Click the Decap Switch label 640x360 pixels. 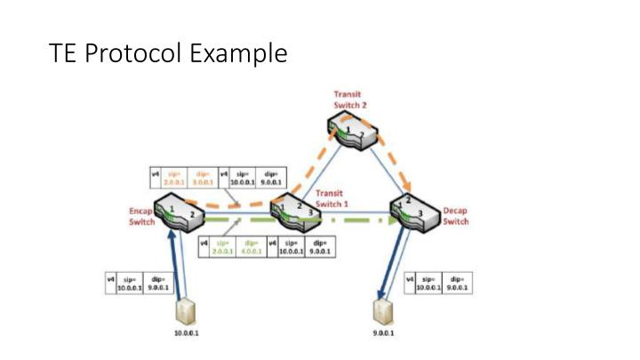click(455, 216)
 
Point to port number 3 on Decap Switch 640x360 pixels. click(419, 214)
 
